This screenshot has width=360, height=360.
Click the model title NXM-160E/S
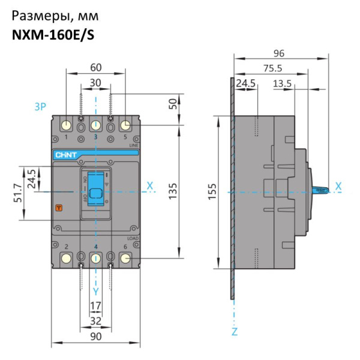click(53, 35)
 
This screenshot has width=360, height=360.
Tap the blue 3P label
click(40, 107)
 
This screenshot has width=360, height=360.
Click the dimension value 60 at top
click(95, 67)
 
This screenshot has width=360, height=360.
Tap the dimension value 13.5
click(282, 82)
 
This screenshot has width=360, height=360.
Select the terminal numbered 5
click(125, 125)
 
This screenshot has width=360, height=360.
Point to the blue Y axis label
click(95, 291)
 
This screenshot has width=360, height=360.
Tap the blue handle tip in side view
click(322, 191)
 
